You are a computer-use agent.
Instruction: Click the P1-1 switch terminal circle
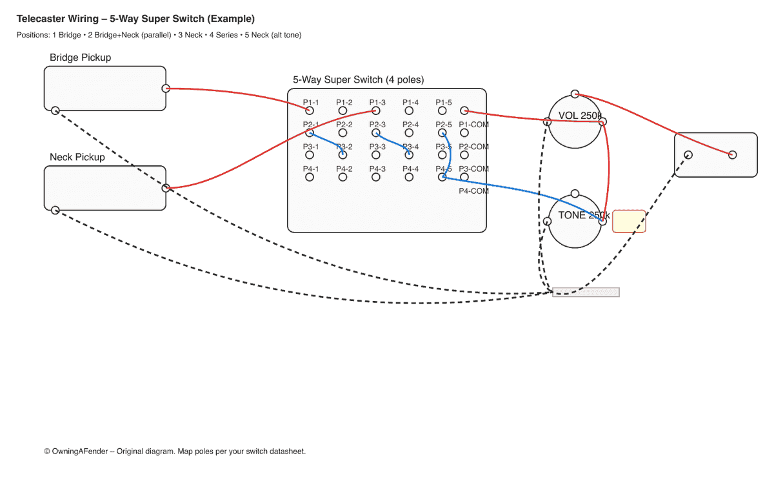click(310, 111)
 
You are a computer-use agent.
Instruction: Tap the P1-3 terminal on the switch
click(376, 111)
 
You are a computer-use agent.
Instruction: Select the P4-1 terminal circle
click(310, 177)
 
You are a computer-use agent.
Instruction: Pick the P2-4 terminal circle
click(409, 133)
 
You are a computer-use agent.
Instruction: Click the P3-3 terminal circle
click(376, 155)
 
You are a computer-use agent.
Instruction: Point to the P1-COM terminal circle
click(464, 111)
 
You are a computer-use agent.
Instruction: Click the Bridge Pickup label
click(80, 57)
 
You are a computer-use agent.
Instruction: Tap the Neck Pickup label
click(77, 157)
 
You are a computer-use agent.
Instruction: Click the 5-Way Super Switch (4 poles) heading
click(358, 80)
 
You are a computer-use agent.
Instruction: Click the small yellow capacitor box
click(628, 221)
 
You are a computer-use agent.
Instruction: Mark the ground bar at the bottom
click(586, 293)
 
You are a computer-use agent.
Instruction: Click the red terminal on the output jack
click(732, 154)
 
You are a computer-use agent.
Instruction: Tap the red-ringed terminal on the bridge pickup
click(166, 88)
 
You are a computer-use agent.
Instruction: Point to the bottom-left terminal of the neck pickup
click(55, 210)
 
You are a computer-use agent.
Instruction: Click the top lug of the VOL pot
click(575, 94)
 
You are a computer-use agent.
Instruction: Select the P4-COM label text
click(474, 191)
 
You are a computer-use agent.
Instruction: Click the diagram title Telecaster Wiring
click(135, 19)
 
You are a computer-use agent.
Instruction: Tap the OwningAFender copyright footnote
click(174, 451)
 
